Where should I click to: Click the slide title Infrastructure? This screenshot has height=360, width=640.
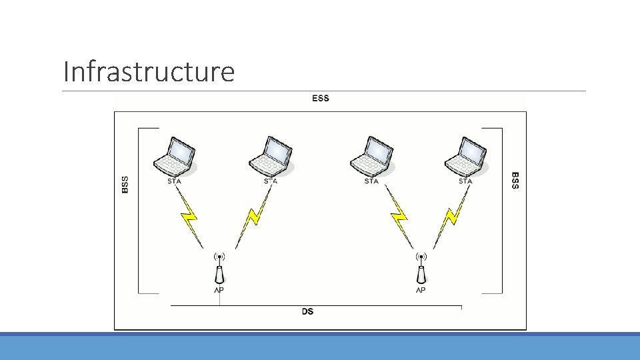(148, 71)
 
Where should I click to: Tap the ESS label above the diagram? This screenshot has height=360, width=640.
(321, 99)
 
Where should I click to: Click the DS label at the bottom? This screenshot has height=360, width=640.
(308, 311)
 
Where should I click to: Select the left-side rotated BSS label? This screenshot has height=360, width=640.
(125, 184)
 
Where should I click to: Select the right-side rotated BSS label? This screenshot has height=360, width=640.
(515, 180)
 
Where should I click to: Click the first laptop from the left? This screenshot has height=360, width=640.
(175, 155)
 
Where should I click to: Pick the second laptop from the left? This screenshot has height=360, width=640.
(271, 155)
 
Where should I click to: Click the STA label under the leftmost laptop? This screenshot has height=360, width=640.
(175, 181)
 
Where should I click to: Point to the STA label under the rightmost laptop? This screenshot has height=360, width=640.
(465, 181)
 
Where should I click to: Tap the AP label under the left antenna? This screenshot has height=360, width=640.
(219, 290)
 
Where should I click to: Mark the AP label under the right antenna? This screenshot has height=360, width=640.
(421, 290)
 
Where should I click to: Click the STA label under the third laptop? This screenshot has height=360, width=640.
(371, 181)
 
